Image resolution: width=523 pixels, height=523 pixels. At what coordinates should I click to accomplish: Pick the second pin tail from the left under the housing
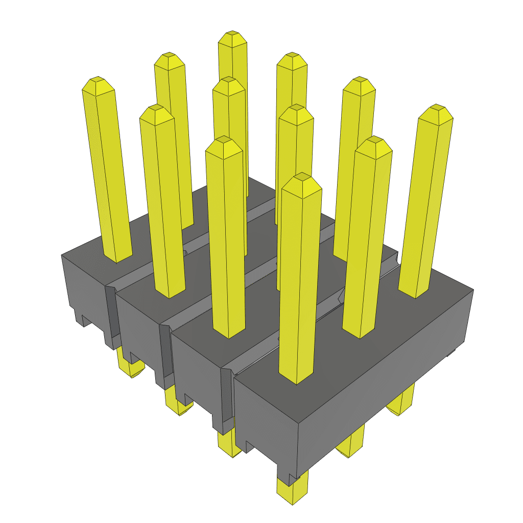click(x=179, y=403)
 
